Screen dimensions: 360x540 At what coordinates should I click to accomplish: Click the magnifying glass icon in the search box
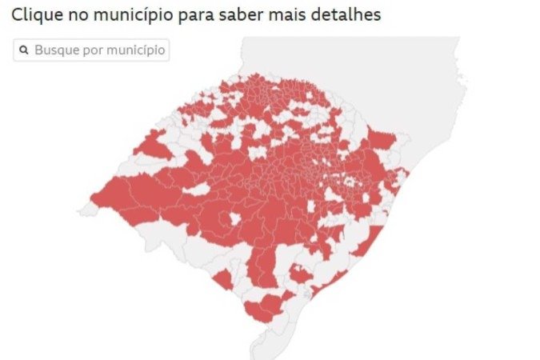pos(24,50)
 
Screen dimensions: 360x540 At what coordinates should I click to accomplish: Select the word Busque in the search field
pos(54,50)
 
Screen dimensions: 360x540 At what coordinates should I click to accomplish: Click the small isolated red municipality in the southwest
pos(223,280)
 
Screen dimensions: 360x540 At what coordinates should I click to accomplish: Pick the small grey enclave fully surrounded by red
pos(234,219)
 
